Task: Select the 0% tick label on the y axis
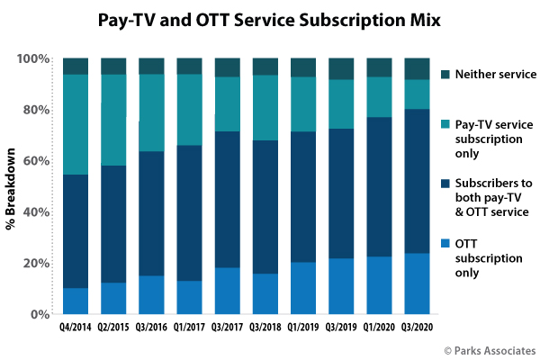(x=39, y=314)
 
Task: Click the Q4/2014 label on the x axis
(x=76, y=329)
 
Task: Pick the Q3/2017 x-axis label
(x=228, y=329)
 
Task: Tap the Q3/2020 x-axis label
(x=418, y=329)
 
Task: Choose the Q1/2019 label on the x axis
(x=303, y=329)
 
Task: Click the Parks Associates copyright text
(x=490, y=349)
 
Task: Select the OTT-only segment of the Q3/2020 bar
(x=418, y=283)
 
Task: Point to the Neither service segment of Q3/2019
(x=342, y=68)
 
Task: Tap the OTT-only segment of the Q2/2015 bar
(x=113, y=298)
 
